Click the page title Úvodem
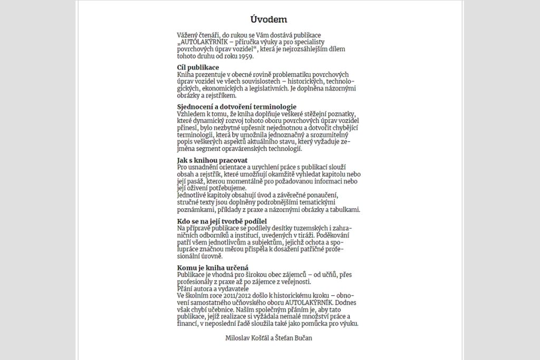(x=269, y=20)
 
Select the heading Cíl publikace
(x=198, y=67)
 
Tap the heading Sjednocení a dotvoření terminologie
(x=237, y=107)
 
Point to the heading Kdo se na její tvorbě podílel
(x=222, y=221)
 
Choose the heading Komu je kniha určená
(x=213, y=268)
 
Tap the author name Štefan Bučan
(x=294, y=338)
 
